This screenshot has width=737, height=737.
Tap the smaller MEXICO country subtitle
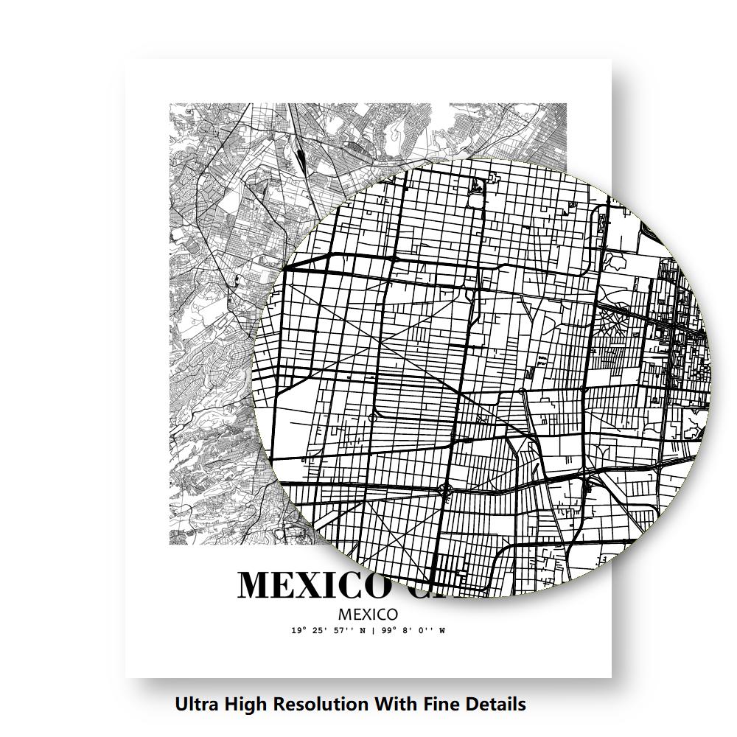(x=368, y=614)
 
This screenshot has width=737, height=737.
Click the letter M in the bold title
(x=255, y=585)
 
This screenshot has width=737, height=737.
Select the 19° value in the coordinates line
(x=298, y=631)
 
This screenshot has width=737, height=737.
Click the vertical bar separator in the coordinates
(x=374, y=631)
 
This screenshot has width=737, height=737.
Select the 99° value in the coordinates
(x=387, y=631)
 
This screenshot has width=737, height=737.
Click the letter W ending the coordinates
(x=442, y=631)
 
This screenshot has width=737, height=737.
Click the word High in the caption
(x=245, y=705)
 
